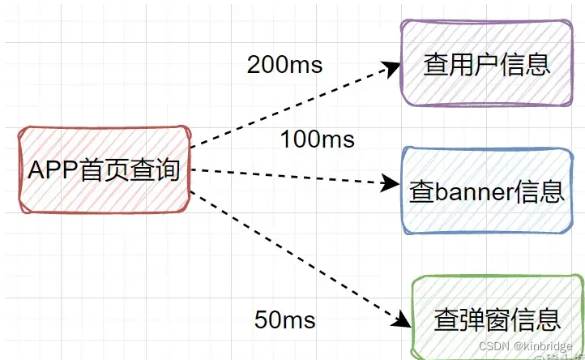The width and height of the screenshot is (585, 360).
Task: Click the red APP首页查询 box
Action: pyautogui.click(x=103, y=169)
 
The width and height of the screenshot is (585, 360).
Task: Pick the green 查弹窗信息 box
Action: pyautogui.click(x=497, y=317)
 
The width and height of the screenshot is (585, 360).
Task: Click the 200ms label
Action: pyautogui.click(x=284, y=65)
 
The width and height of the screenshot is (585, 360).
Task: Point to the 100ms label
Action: pyautogui.click(x=318, y=139)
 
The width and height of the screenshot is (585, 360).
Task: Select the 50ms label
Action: pyautogui.click(x=284, y=319)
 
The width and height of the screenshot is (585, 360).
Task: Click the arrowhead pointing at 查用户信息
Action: pyautogui.click(x=394, y=66)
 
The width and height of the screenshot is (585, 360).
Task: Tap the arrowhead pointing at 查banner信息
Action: pyautogui.click(x=395, y=183)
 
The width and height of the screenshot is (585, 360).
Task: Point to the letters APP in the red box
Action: pyautogui.click(x=51, y=170)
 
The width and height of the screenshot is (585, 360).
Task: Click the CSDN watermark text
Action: pyautogui.click(x=493, y=346)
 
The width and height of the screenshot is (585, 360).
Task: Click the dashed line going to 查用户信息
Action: pyautogui.click(x=292, y=106)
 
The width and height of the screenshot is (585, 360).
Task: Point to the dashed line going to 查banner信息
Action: pyautogui.click(x=292, y=177)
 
